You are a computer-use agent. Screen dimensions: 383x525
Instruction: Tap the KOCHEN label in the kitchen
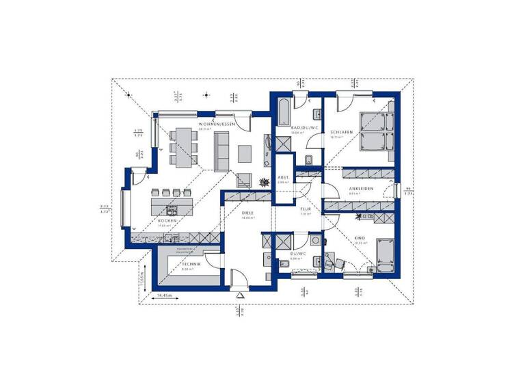coord(167,221)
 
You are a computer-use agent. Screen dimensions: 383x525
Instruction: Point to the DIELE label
coord(247,213)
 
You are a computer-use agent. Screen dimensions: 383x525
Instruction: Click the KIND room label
coord(360,239)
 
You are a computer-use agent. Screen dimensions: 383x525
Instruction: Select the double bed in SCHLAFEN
coord(373,131)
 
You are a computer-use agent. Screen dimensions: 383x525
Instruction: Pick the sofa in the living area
coord(221,150)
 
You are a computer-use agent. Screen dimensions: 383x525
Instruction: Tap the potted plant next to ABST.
coord(265,182)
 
